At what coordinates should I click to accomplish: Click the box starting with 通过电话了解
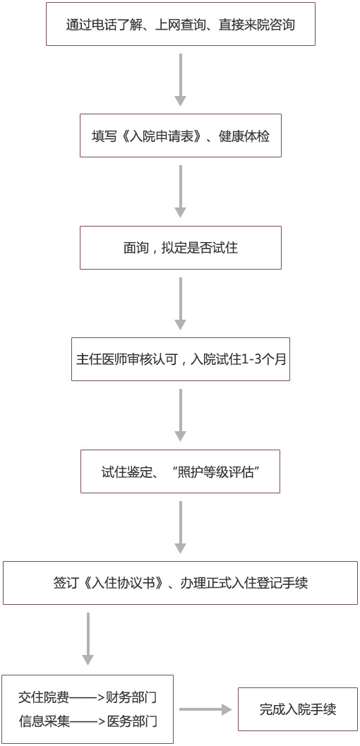pos(180,24)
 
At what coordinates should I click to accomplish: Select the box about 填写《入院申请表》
pos(180,136)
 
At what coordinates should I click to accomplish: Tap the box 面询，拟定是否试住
pos(180,248)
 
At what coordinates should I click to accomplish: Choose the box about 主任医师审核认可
pos(180,359)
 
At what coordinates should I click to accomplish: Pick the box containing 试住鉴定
pos(180,471)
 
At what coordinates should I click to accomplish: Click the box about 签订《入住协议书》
pos(180,583)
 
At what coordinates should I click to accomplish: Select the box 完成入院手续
pos(298,709)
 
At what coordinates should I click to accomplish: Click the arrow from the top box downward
pos(180,80)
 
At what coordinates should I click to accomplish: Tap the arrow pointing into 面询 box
pos(180,192)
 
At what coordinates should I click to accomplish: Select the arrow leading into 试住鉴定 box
pos(180,415)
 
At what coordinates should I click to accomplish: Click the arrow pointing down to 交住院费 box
pos(88,639)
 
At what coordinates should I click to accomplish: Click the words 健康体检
pos(244,136)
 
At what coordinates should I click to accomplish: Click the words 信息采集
pos(44,721)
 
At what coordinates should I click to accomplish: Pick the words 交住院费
pos(44,698)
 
